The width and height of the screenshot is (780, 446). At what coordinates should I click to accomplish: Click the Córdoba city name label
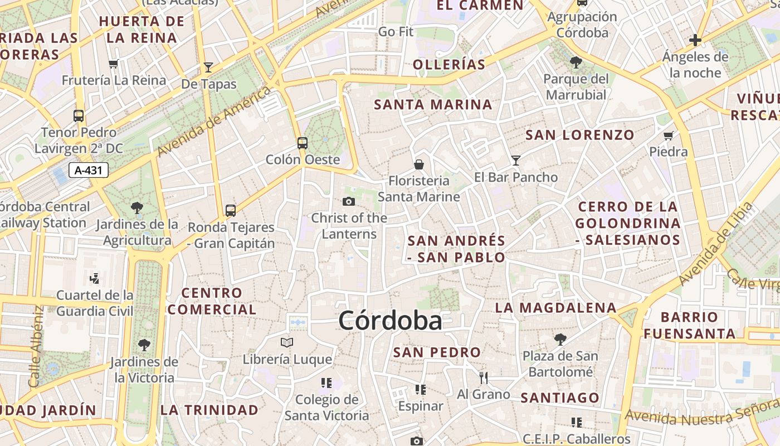pos(390,321)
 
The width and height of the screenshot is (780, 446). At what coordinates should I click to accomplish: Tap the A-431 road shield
pos(89,170)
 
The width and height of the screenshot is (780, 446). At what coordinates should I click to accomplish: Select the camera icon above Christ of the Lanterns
pos(349,201)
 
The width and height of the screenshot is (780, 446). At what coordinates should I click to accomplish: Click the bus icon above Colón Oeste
pos(303,143)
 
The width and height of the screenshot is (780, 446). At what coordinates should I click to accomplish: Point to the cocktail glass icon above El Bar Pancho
pos(516,161)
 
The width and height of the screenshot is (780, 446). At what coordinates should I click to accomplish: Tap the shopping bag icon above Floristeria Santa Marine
pos(419,164)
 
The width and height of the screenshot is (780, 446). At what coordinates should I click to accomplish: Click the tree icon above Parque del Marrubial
pos(576,62)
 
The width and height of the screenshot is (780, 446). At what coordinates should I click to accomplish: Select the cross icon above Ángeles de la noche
pos(695,40)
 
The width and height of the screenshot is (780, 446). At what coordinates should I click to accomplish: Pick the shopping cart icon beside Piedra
pos(669,135)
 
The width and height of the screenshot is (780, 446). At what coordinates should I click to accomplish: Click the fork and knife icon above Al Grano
pos(484,377)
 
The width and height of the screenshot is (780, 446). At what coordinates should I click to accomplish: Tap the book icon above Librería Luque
pos(287,342)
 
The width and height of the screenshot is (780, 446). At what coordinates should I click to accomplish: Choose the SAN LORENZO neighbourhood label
pos(580,135)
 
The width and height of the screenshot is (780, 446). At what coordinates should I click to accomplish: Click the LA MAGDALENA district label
pos(555,308)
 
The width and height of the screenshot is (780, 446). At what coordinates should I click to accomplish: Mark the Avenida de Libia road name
pos(715,244)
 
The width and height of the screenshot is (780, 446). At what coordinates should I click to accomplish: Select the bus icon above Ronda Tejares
pos(231,211)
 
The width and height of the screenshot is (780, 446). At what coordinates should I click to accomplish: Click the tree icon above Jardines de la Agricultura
pos(137,209)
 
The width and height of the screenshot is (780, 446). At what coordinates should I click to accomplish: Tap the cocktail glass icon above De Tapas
pos(208,67)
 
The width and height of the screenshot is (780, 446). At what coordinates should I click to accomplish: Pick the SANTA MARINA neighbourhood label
pos(433,105)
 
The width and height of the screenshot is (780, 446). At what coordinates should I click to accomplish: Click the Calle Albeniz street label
pos(36,346)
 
